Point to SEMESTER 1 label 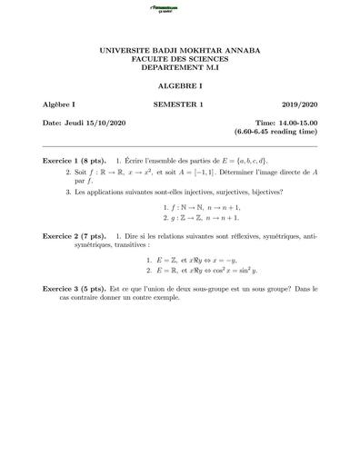179,105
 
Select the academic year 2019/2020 299,105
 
